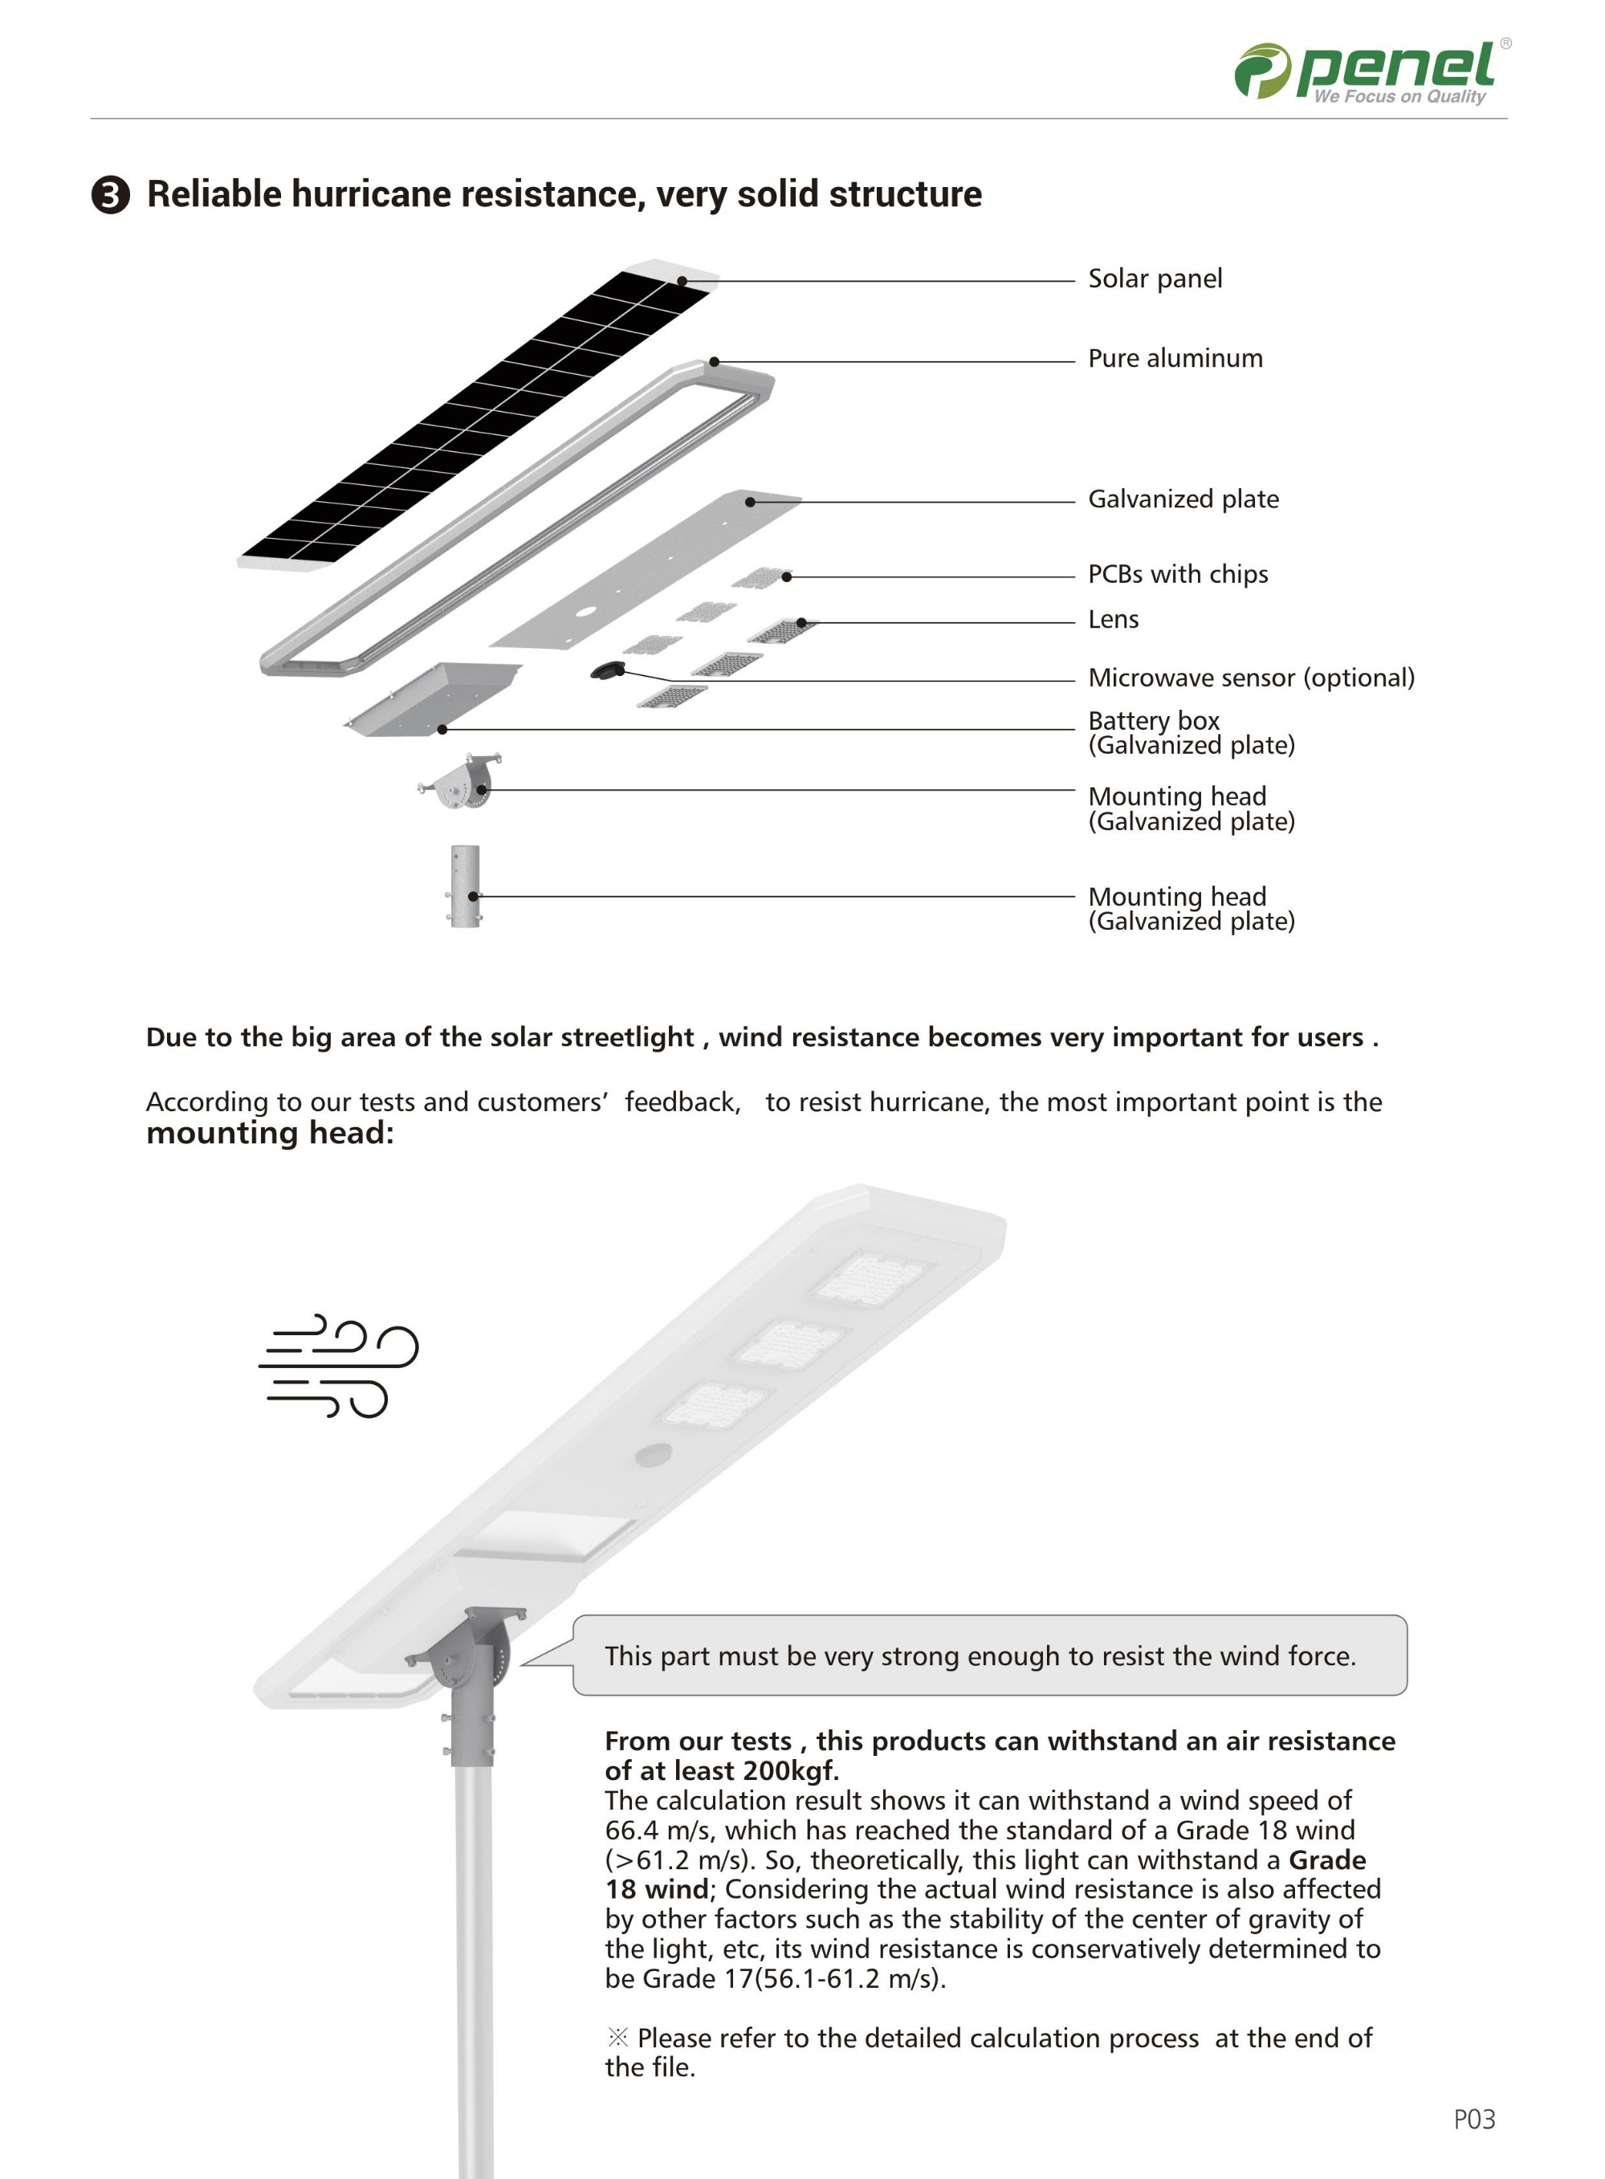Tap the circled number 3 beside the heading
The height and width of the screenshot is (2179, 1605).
(x=111, y=195)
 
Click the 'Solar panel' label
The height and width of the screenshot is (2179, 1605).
(x=1155, y=279)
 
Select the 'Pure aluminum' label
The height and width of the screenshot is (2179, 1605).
(x=1175, y=358)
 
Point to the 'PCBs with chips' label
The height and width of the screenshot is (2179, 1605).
(x=1178, y=574)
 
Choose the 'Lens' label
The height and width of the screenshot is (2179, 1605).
(x=1113, y=620)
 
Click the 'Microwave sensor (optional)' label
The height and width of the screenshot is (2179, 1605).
(x=1250, y=678)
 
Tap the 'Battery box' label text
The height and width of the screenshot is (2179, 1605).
(x=1153, y=721)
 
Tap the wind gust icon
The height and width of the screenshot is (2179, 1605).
(x=337, y=1366)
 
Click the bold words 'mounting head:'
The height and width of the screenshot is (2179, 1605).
(x=270, y=1133)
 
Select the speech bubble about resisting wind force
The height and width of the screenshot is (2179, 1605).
(x=989, y=1656)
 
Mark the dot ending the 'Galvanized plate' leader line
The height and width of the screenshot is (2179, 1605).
(x=750, y=503)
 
